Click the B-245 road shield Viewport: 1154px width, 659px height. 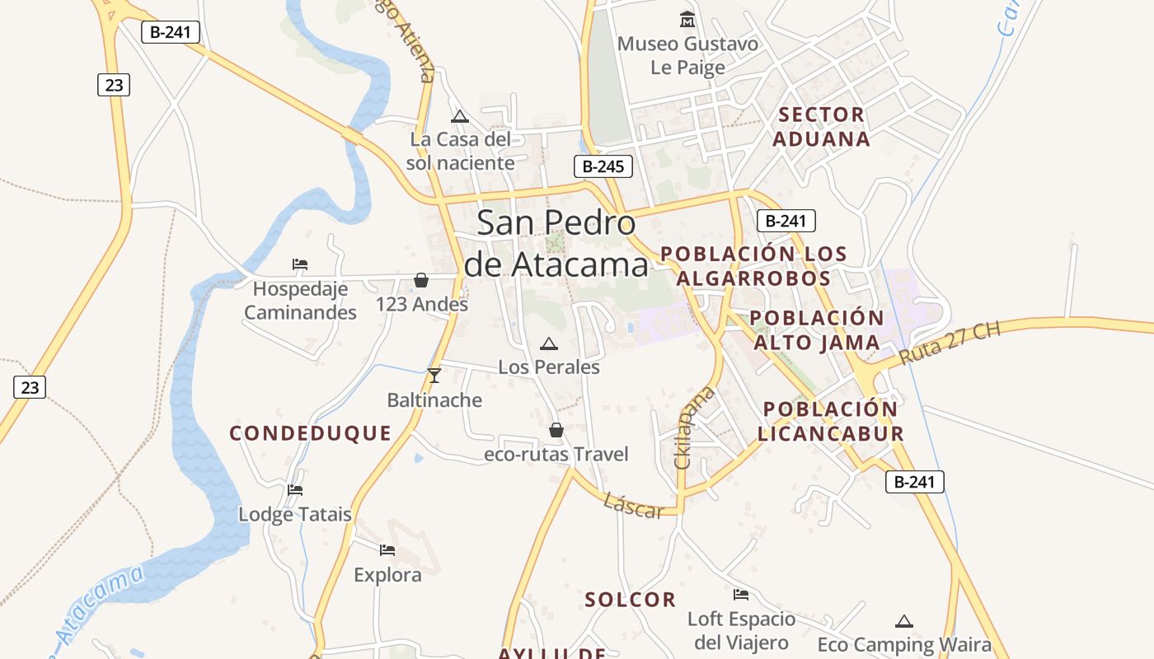pos(603,166)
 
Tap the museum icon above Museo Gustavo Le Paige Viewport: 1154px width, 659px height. pos(687,19)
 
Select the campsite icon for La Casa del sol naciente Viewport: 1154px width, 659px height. pos(460,116)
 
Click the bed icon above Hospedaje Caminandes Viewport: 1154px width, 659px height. pos(300,264)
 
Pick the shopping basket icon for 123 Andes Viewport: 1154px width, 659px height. pos(421,280)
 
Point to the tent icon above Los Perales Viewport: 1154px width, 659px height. pos(548,344)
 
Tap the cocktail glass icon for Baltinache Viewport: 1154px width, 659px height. pos(434,376)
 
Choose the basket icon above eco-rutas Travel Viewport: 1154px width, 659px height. pos(556,430)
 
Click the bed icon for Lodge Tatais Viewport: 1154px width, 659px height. pos(295,490)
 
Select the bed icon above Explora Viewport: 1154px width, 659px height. pos(387,550)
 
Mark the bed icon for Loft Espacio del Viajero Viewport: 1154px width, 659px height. pos(741,595)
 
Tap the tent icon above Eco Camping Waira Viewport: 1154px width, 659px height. pos(904,621)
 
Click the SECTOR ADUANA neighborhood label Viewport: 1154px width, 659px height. pos(822,127)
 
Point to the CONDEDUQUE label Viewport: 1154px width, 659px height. pos(310,433)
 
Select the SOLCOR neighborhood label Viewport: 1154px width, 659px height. pos(631,600)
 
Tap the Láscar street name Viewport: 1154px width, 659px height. pos(633,506)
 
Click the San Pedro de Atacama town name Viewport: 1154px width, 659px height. pos(556,244)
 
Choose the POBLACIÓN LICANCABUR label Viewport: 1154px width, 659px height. pos(831,422)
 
